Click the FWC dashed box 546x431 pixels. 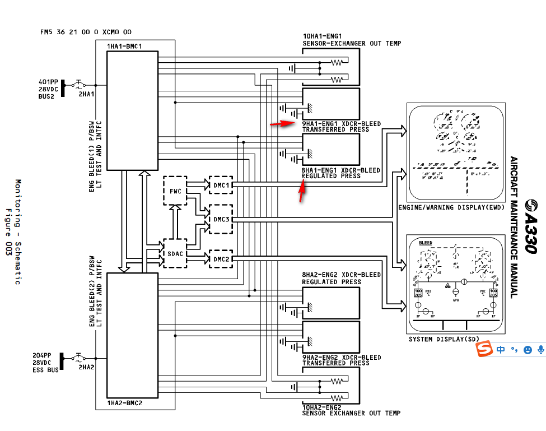click(175, 191)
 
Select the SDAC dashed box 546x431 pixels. click(175, 253)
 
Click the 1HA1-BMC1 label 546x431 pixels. click(124, 45)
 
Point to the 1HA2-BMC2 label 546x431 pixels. click(124, 402)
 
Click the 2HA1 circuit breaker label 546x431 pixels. click(86, 95)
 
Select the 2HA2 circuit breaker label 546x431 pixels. click(86, 367)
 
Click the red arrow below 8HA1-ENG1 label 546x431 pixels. click(302, 192)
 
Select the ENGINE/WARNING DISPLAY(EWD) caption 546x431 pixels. click(451, 207)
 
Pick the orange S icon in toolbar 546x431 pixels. click(484, 350)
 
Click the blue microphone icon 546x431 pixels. click(540, 350)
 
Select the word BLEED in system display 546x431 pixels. click(426, 243)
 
